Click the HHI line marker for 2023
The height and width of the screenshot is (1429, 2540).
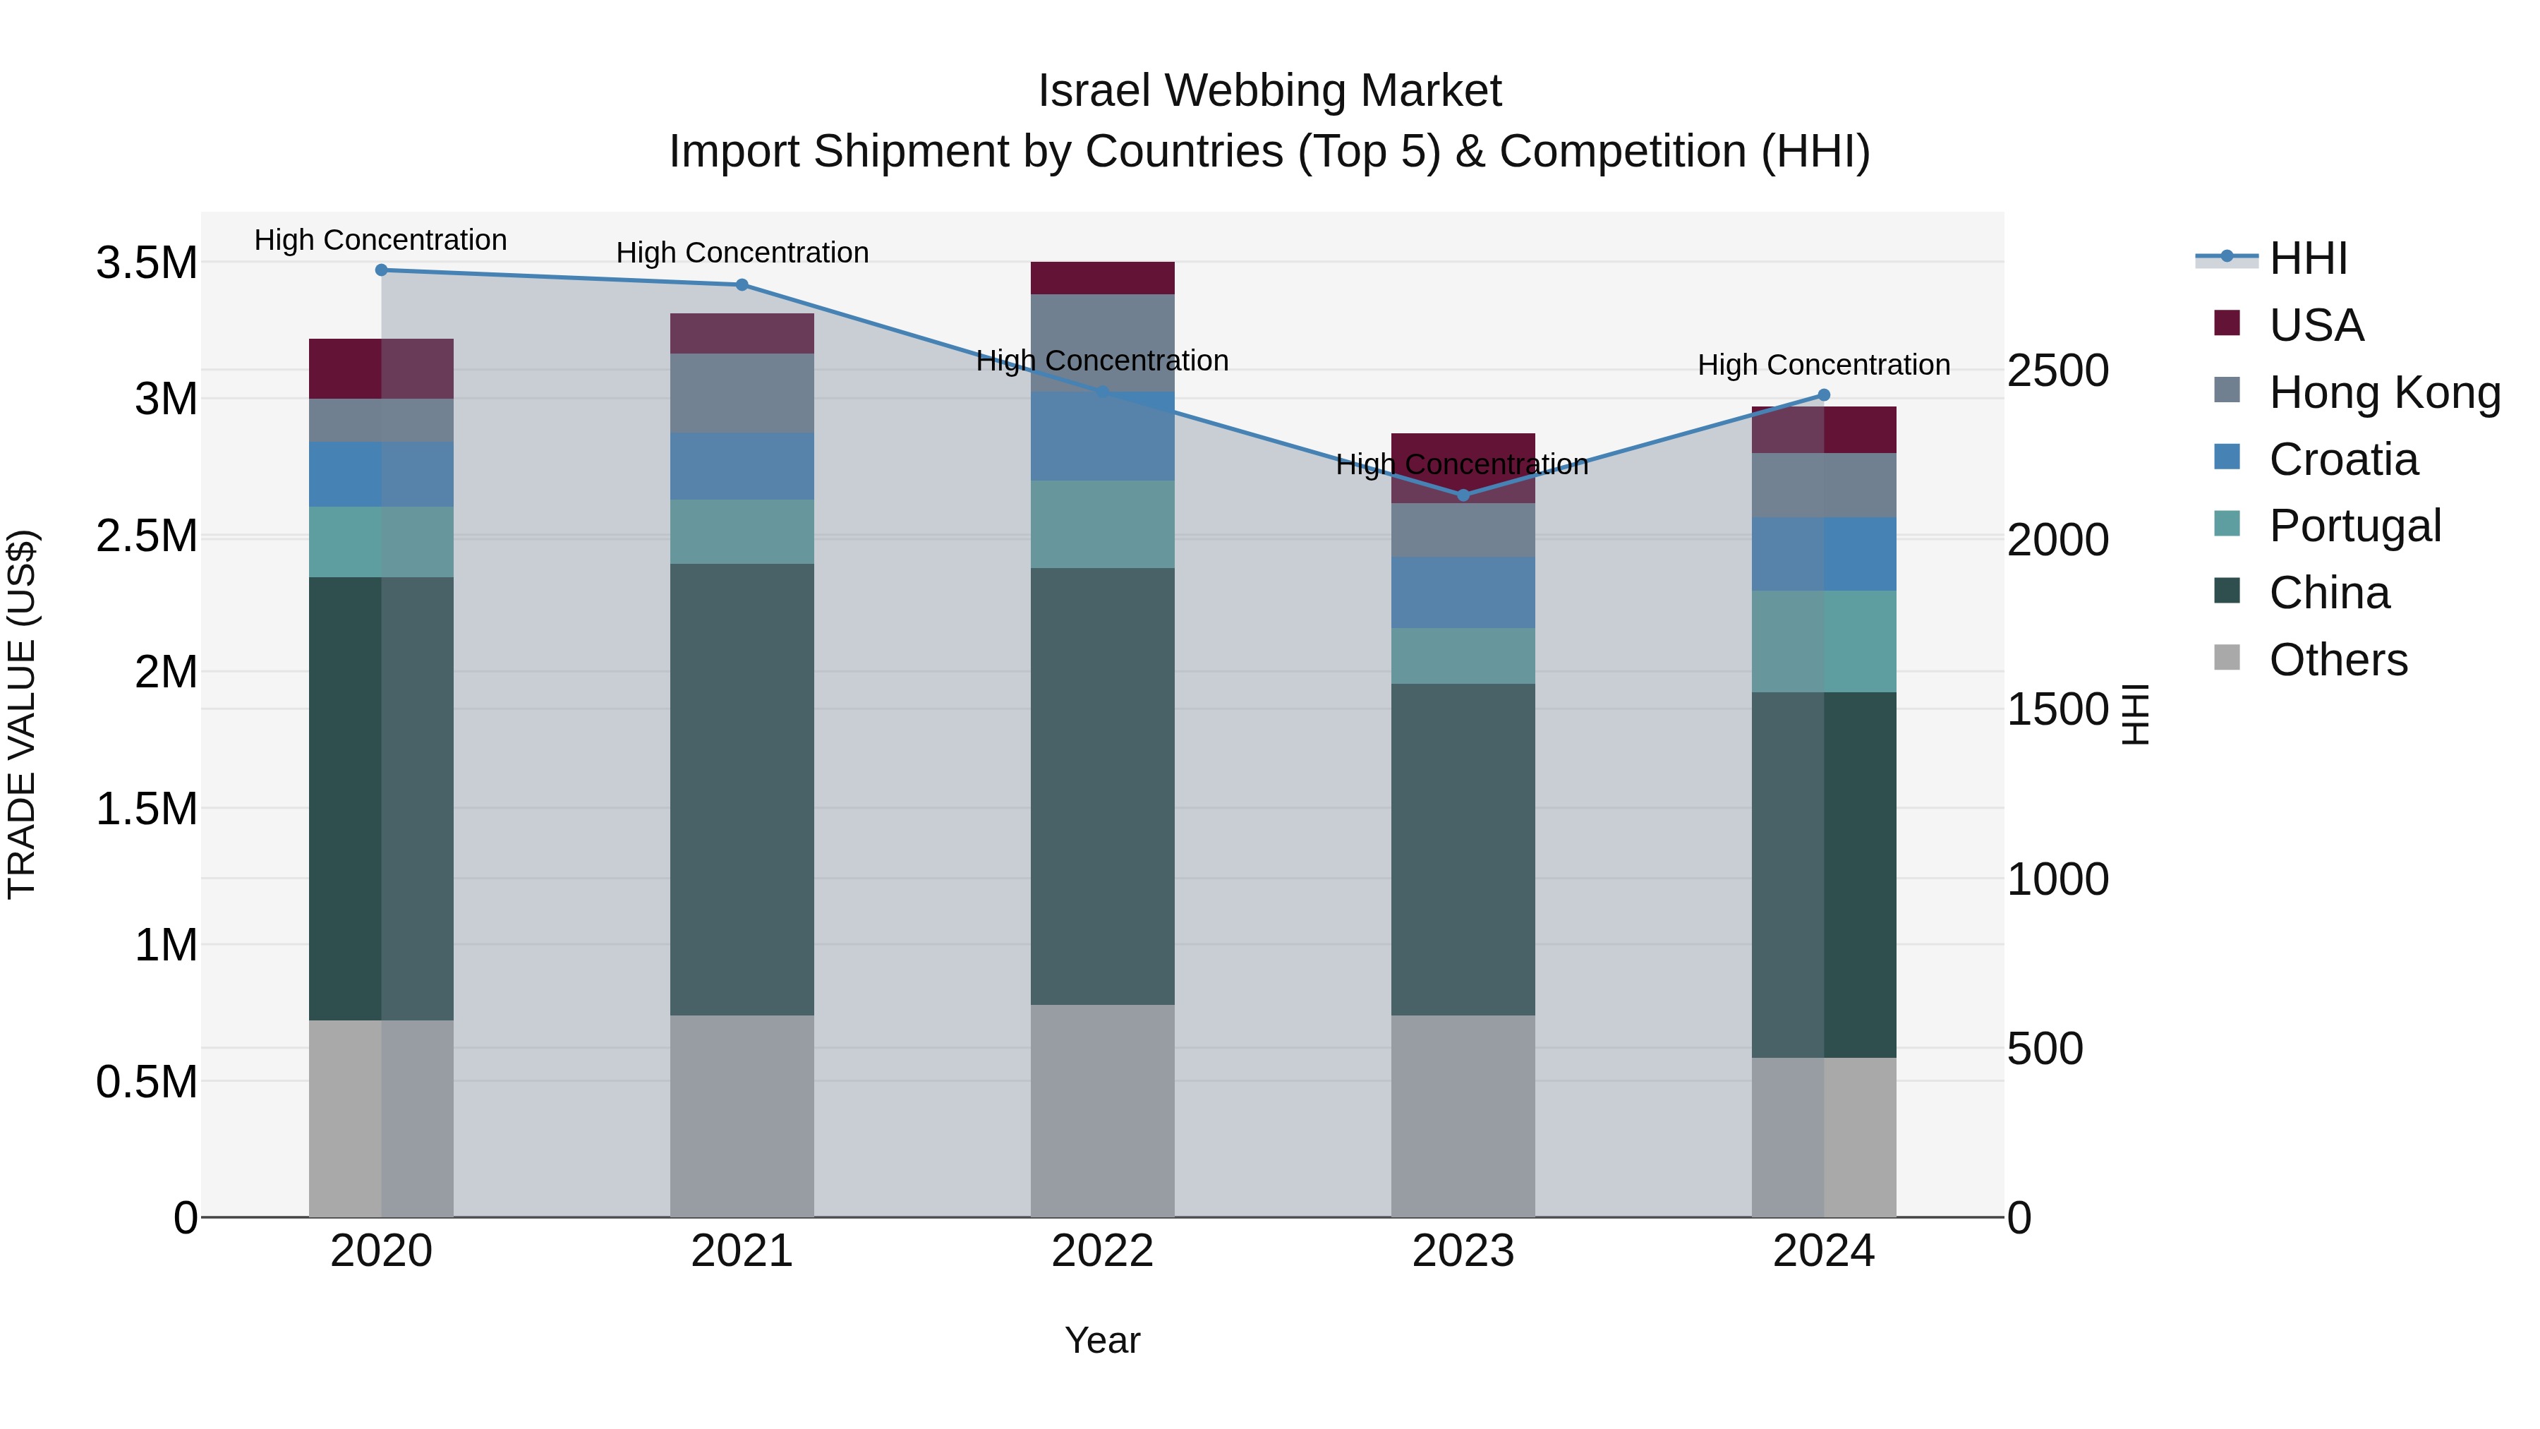click(x=1463, y=495)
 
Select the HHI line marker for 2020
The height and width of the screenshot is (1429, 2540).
click(x=382, y=270)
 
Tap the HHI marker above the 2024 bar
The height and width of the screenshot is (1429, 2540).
click(x=1823, y=395)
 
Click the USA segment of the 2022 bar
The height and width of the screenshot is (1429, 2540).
click(x=1102, y=278)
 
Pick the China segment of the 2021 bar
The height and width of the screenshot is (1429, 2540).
click(x=742, y=789)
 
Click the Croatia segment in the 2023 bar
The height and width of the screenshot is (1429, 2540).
click(x=1463, y=592)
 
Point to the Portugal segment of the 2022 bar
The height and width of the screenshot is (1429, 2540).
click(x=1102, y=524)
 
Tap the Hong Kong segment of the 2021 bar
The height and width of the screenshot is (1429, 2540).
click(x=742, y=392)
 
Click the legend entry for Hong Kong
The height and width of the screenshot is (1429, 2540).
click(x=2384, y=392)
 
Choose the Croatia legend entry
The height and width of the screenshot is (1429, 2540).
click(x=2342, y=459)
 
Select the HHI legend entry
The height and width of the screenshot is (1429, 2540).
click(x=2307, y=258)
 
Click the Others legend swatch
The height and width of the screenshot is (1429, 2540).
click(x=2227, y=658)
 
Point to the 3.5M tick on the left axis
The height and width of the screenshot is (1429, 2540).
click(x=146, y=263)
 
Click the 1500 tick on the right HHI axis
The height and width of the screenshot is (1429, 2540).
click(x=2057, y=709)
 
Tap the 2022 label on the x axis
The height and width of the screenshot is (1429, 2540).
click(x=1102, y=1250)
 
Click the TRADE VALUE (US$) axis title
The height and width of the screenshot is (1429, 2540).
click(x=22, y=714)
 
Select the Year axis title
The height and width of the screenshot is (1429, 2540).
click(x=1102, y=1340)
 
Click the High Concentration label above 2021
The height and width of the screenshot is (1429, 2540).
click(x=742, y=253)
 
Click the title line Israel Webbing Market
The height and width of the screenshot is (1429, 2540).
click(x=1269, y=91)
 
